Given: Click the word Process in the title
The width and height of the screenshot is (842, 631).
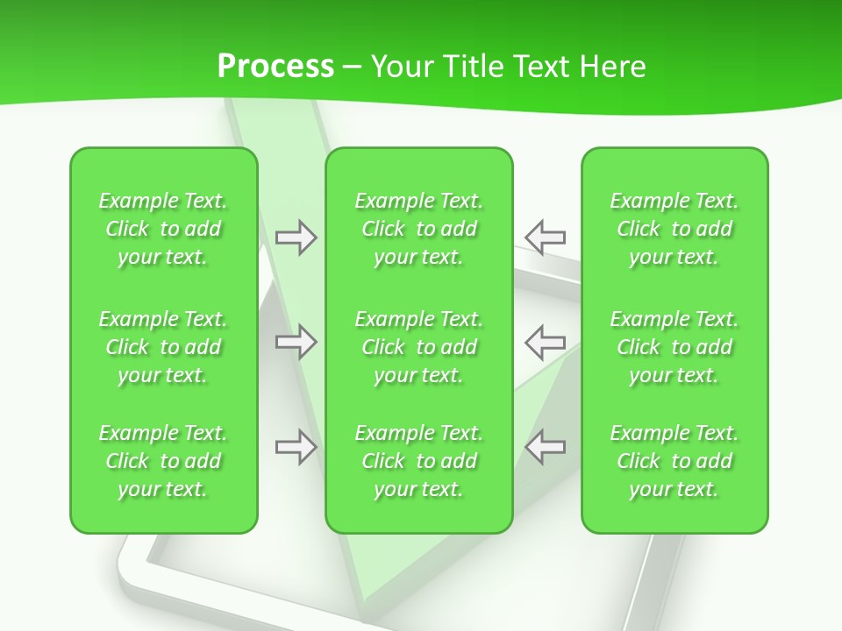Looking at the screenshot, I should tap(275, 67).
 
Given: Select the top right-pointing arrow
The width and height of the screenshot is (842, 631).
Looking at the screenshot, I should tap(296, 238).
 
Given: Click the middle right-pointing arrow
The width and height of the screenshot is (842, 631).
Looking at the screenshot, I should tap(296, 342).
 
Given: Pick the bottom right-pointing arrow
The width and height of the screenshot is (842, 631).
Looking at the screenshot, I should tap(296, 447).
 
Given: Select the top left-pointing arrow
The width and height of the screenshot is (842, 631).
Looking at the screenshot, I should tap(546, 238).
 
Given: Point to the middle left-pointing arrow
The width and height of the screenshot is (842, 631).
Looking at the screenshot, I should tap(546, 342).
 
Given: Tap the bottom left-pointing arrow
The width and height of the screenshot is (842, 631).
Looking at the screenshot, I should tap(546, 447).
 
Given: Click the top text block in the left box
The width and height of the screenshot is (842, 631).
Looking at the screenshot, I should tap(163, 229).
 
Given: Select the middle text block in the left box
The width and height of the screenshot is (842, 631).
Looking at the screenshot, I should tap(163, 347).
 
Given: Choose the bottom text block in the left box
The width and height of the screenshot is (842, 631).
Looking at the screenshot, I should tap(163, 461).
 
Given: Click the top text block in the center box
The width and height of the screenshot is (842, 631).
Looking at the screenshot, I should tap(419, 229).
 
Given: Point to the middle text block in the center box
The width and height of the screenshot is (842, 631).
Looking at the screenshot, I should tap(419, 347).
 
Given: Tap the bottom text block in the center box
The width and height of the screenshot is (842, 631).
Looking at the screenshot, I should tap(419, 461).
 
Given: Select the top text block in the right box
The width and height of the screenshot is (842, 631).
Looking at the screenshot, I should tap(674, 229).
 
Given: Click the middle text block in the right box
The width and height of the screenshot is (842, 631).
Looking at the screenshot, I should tap(674, 347).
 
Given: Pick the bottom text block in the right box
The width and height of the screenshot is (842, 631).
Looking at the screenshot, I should tap(674, 461).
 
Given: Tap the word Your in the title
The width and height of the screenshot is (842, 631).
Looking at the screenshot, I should tap(399, 67).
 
